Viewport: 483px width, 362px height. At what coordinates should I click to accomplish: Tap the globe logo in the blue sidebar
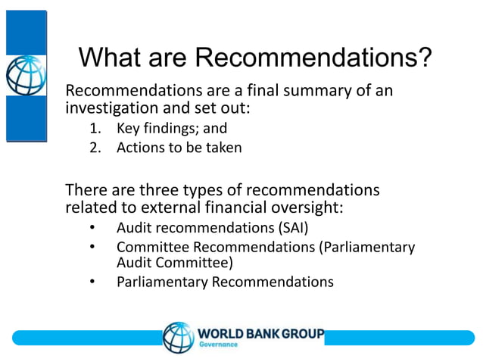tap(26, 75)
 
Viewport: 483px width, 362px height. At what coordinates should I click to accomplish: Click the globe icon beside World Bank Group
tap(179, 338)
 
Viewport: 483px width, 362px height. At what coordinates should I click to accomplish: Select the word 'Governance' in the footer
tap(218, 345)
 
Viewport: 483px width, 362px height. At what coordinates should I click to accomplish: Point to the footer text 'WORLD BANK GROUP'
tap(261, 333)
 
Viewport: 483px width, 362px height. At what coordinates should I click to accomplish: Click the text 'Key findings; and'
tap(171, 128)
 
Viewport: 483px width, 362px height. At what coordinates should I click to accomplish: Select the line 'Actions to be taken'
tap(179, 148)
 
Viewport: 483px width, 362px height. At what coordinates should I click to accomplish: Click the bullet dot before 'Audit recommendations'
tap(92, 227)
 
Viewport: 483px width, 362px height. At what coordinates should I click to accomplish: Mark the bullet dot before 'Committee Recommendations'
tap(92, 247)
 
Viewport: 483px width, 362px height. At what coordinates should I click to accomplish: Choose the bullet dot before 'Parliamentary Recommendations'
tap(92, 282)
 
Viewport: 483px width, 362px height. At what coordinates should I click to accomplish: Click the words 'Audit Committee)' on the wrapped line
tap(174, 263)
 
